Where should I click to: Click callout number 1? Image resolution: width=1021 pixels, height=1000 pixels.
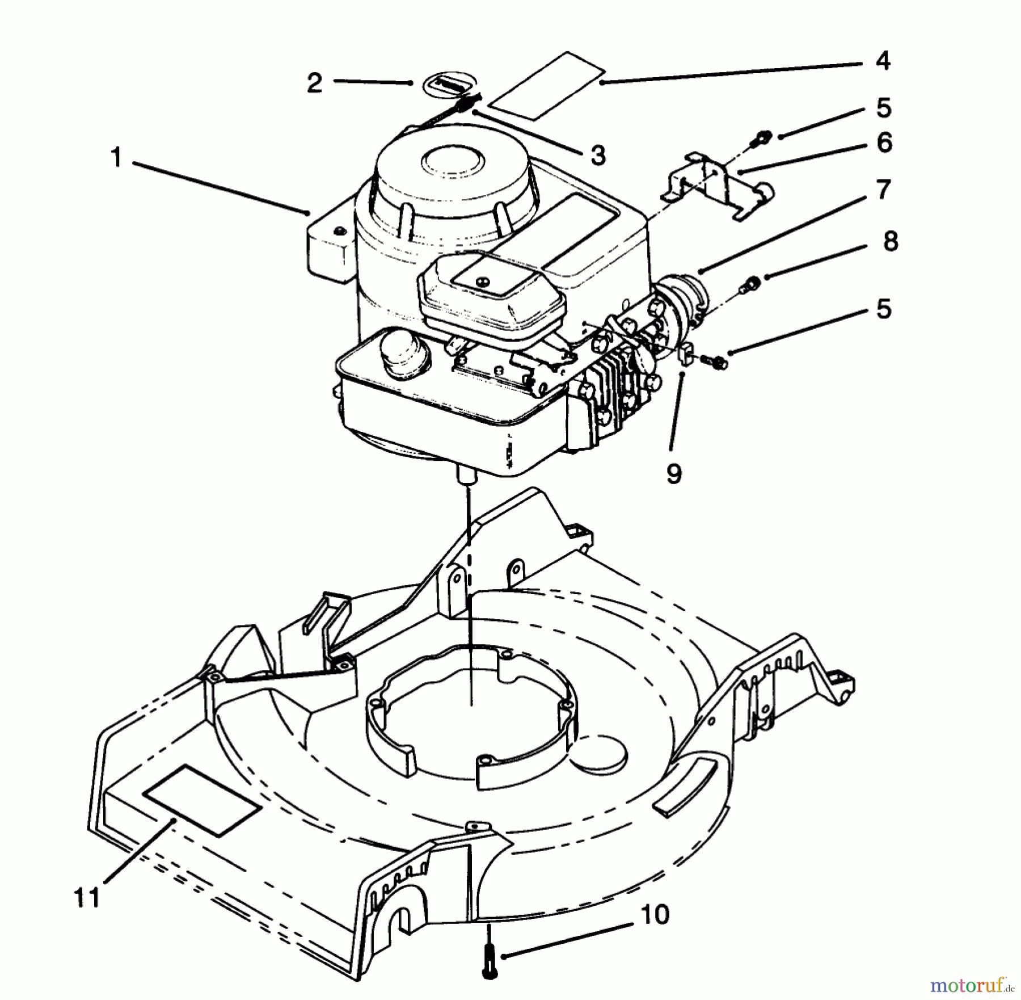(116, 157)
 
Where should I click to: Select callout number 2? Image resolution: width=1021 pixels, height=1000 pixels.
(314, 83)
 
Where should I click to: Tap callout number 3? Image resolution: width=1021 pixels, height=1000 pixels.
(598, 155)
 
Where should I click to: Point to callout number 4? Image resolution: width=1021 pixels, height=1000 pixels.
(882, 61)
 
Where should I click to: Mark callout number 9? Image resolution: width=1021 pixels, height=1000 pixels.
(673, 473)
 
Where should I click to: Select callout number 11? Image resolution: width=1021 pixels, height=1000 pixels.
(87, 898)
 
